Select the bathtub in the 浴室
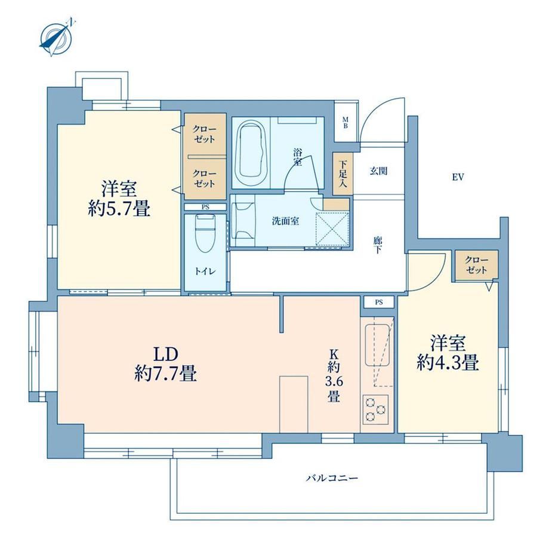(251, 150)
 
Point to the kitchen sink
(377, 346)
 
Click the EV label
(458, 177)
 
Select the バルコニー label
(332, 478)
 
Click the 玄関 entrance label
(378, 171)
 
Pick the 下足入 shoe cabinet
(343, 174)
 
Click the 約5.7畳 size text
(119, 209)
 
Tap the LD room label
(166, 354)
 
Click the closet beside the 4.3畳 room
(477, 265)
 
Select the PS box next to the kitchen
(379, 302)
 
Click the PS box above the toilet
(205, 207)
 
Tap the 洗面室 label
(285, 221)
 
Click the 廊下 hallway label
(377, 245)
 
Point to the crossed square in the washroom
(332, 229)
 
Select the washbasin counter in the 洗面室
(243, 221)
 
